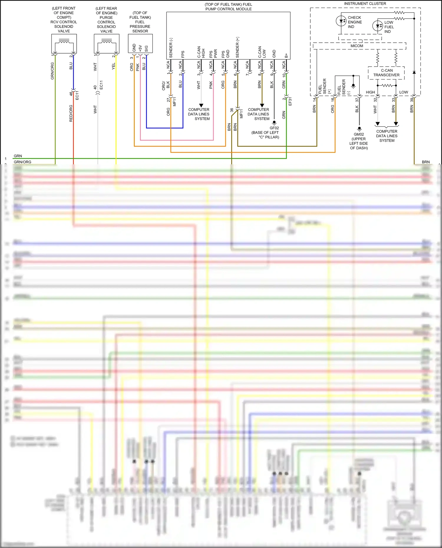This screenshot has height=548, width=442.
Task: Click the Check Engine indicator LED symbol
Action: (x=341, y=21)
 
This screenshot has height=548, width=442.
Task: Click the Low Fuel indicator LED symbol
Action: (x=377, y=26)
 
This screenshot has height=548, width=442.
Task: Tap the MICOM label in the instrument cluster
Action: (x=357, y=46)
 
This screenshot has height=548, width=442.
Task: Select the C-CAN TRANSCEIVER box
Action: (x=386, y=73)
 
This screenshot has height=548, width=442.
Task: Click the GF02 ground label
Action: (x=274, y=128)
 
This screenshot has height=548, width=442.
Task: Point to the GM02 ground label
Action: (x=359, y=134)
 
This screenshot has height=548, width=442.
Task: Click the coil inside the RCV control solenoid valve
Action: (x=64, y=42)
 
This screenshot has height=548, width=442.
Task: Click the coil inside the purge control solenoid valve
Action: (x=106, y=42)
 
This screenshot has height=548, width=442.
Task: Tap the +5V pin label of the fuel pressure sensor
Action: (x=140, y=48)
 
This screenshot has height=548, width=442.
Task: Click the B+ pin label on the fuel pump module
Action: (x=286, y=55)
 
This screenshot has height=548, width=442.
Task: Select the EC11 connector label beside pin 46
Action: (x=77, y=95)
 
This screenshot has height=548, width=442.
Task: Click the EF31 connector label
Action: (x=290, y=101)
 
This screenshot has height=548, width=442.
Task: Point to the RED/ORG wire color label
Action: (x=71, y=113)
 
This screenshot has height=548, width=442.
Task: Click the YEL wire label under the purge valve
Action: (x=113, y=66)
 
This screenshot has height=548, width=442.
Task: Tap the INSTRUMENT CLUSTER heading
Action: (x=365, y=4)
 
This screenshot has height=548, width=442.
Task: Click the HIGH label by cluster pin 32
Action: (x=370, y=92)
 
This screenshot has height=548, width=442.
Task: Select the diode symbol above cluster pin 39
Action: (x=414, y=72)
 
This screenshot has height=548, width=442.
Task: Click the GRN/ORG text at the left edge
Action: (x=22, y=162)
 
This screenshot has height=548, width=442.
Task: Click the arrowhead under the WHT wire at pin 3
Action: (x=201, y=105)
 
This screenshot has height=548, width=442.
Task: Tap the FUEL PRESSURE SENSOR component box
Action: (x=140, y=44)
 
